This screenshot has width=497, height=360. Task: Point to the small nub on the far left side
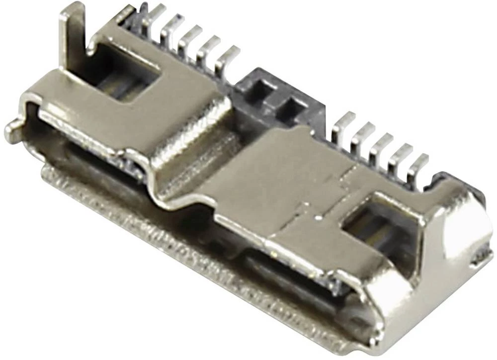coord(12,131)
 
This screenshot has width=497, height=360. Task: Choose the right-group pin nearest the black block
coord(343,127)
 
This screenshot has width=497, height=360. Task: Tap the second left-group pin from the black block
coord(209,50)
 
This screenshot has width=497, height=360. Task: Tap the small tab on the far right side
coord(481,256)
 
